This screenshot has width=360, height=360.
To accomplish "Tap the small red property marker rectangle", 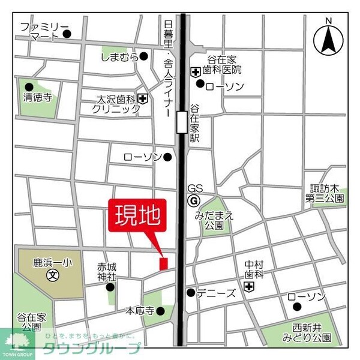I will pyautogui.click(x=163, y=263).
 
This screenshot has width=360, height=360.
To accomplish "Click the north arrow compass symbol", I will pyautogui.click(x=328, y=38).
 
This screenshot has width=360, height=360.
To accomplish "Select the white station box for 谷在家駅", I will pyautogui.click(x=182, y=122).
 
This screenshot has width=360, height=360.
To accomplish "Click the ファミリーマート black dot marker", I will pyautogui.click(x=67, y=34).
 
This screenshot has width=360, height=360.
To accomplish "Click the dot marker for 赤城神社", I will pyautogui.click(x=110, y=287).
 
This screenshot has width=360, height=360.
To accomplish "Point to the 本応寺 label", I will pyautogui.click(x=139, y=311).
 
